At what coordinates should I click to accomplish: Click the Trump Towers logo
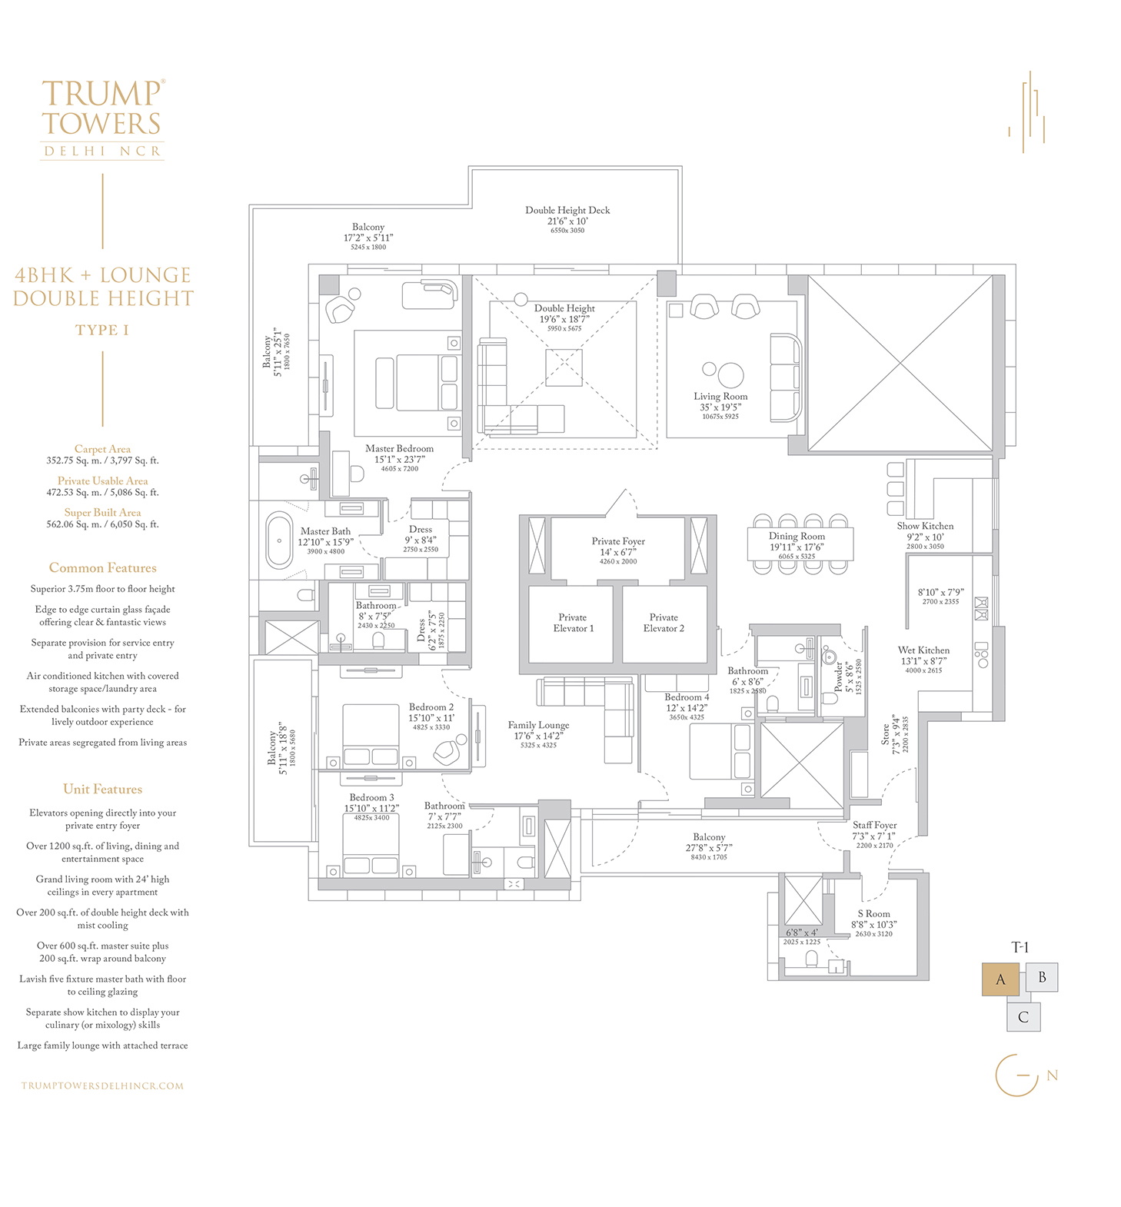(x=103, y=119)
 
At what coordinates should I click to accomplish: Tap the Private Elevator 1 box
(x=570, y=623)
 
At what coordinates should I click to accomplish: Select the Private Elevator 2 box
(x=664, y=623)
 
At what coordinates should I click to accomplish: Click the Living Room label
(x=720, y=397)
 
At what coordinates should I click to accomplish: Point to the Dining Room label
(x=797, y=537)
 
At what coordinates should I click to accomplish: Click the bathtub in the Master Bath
(x=279, y=540)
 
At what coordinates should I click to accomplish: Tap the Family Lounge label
(x=538, y=725)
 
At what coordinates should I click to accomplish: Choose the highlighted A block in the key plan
(x=1000, y=979)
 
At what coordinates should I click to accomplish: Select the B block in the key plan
(x=1042, y=977)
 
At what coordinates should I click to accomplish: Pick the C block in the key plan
(x=1023, y=1017)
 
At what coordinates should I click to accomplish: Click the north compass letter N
(x=1053, y=1076)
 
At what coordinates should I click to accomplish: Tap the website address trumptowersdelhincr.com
(x=103, y=1086)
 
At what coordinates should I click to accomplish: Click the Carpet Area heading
(x=102, y=449)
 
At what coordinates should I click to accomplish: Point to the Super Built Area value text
(x=102, y=524)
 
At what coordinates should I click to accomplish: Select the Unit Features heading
(x=102, y=789)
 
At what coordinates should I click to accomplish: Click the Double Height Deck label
(x=567, y=210)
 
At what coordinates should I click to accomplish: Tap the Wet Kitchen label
(x=923, y=650)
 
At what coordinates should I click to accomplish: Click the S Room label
(x=873, y=914)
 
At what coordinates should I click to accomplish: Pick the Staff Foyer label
(x=874, y=825)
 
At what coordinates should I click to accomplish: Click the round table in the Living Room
(x=730, y=374)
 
